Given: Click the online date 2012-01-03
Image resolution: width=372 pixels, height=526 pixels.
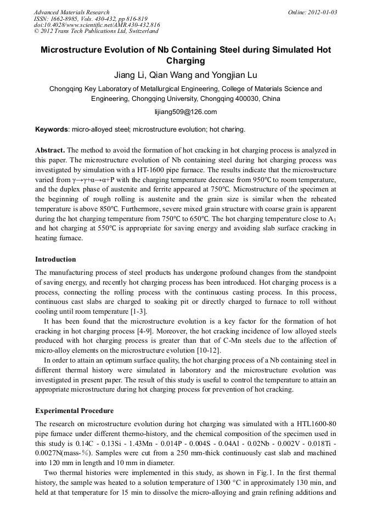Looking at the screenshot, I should [320, 12].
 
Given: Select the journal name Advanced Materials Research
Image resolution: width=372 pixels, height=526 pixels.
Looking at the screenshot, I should [71, 12].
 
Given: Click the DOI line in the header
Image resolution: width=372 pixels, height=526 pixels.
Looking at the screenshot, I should [97, 25].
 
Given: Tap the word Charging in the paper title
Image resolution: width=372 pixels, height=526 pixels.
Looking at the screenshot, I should [185, 61].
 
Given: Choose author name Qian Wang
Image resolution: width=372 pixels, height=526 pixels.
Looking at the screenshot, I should [179, 75].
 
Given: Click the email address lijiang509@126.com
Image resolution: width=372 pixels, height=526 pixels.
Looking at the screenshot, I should [186, 112].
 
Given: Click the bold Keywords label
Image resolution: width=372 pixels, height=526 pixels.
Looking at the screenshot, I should [52, 129].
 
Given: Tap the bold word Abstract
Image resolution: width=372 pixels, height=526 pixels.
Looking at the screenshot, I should [50, 150].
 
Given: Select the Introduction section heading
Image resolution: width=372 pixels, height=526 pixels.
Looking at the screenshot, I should [55, 259].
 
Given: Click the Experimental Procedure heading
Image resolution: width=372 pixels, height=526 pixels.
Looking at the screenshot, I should [74, 411].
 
